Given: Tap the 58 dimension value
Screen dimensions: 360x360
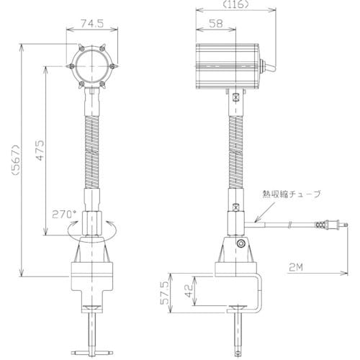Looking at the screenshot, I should [x=215, y=23].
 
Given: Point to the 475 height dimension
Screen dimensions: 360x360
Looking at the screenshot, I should [x=42, y=148].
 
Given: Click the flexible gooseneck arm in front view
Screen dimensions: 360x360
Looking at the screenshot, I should [x=92, y=144].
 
